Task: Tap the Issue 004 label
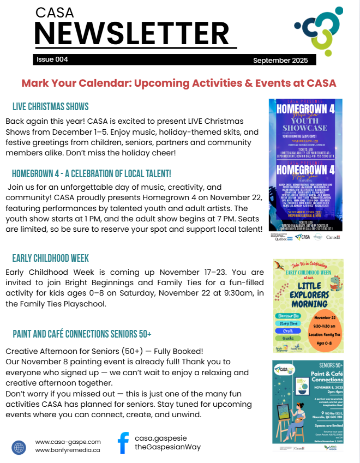pos(52,59)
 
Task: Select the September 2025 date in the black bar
pos(280,60)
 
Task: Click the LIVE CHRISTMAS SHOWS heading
pos(50,106)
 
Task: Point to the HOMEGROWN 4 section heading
pos(92,173)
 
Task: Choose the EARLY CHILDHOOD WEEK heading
pos(51,258)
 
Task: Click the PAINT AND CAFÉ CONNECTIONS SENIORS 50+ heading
pos(82,333)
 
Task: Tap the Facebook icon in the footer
pos(123,442)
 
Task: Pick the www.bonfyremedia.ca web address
pos(68,450)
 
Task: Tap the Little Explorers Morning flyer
pos(308,305)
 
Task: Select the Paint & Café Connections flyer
pos(308,405)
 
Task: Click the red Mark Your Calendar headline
pos(179,83)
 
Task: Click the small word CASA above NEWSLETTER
pos(55,13)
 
